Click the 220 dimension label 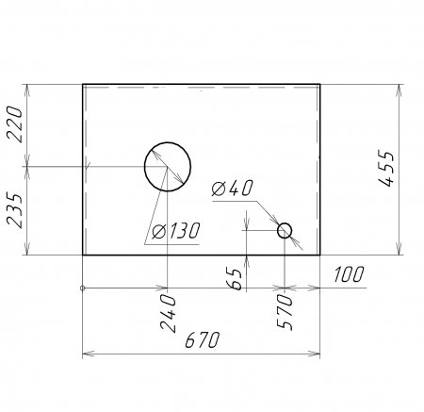15,124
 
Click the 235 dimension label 15,210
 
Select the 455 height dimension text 385,169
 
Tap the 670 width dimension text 203,339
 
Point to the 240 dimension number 168,313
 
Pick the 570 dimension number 285,312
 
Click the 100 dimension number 349,274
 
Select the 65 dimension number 235,279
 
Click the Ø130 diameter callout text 176,231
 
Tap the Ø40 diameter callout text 232,189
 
